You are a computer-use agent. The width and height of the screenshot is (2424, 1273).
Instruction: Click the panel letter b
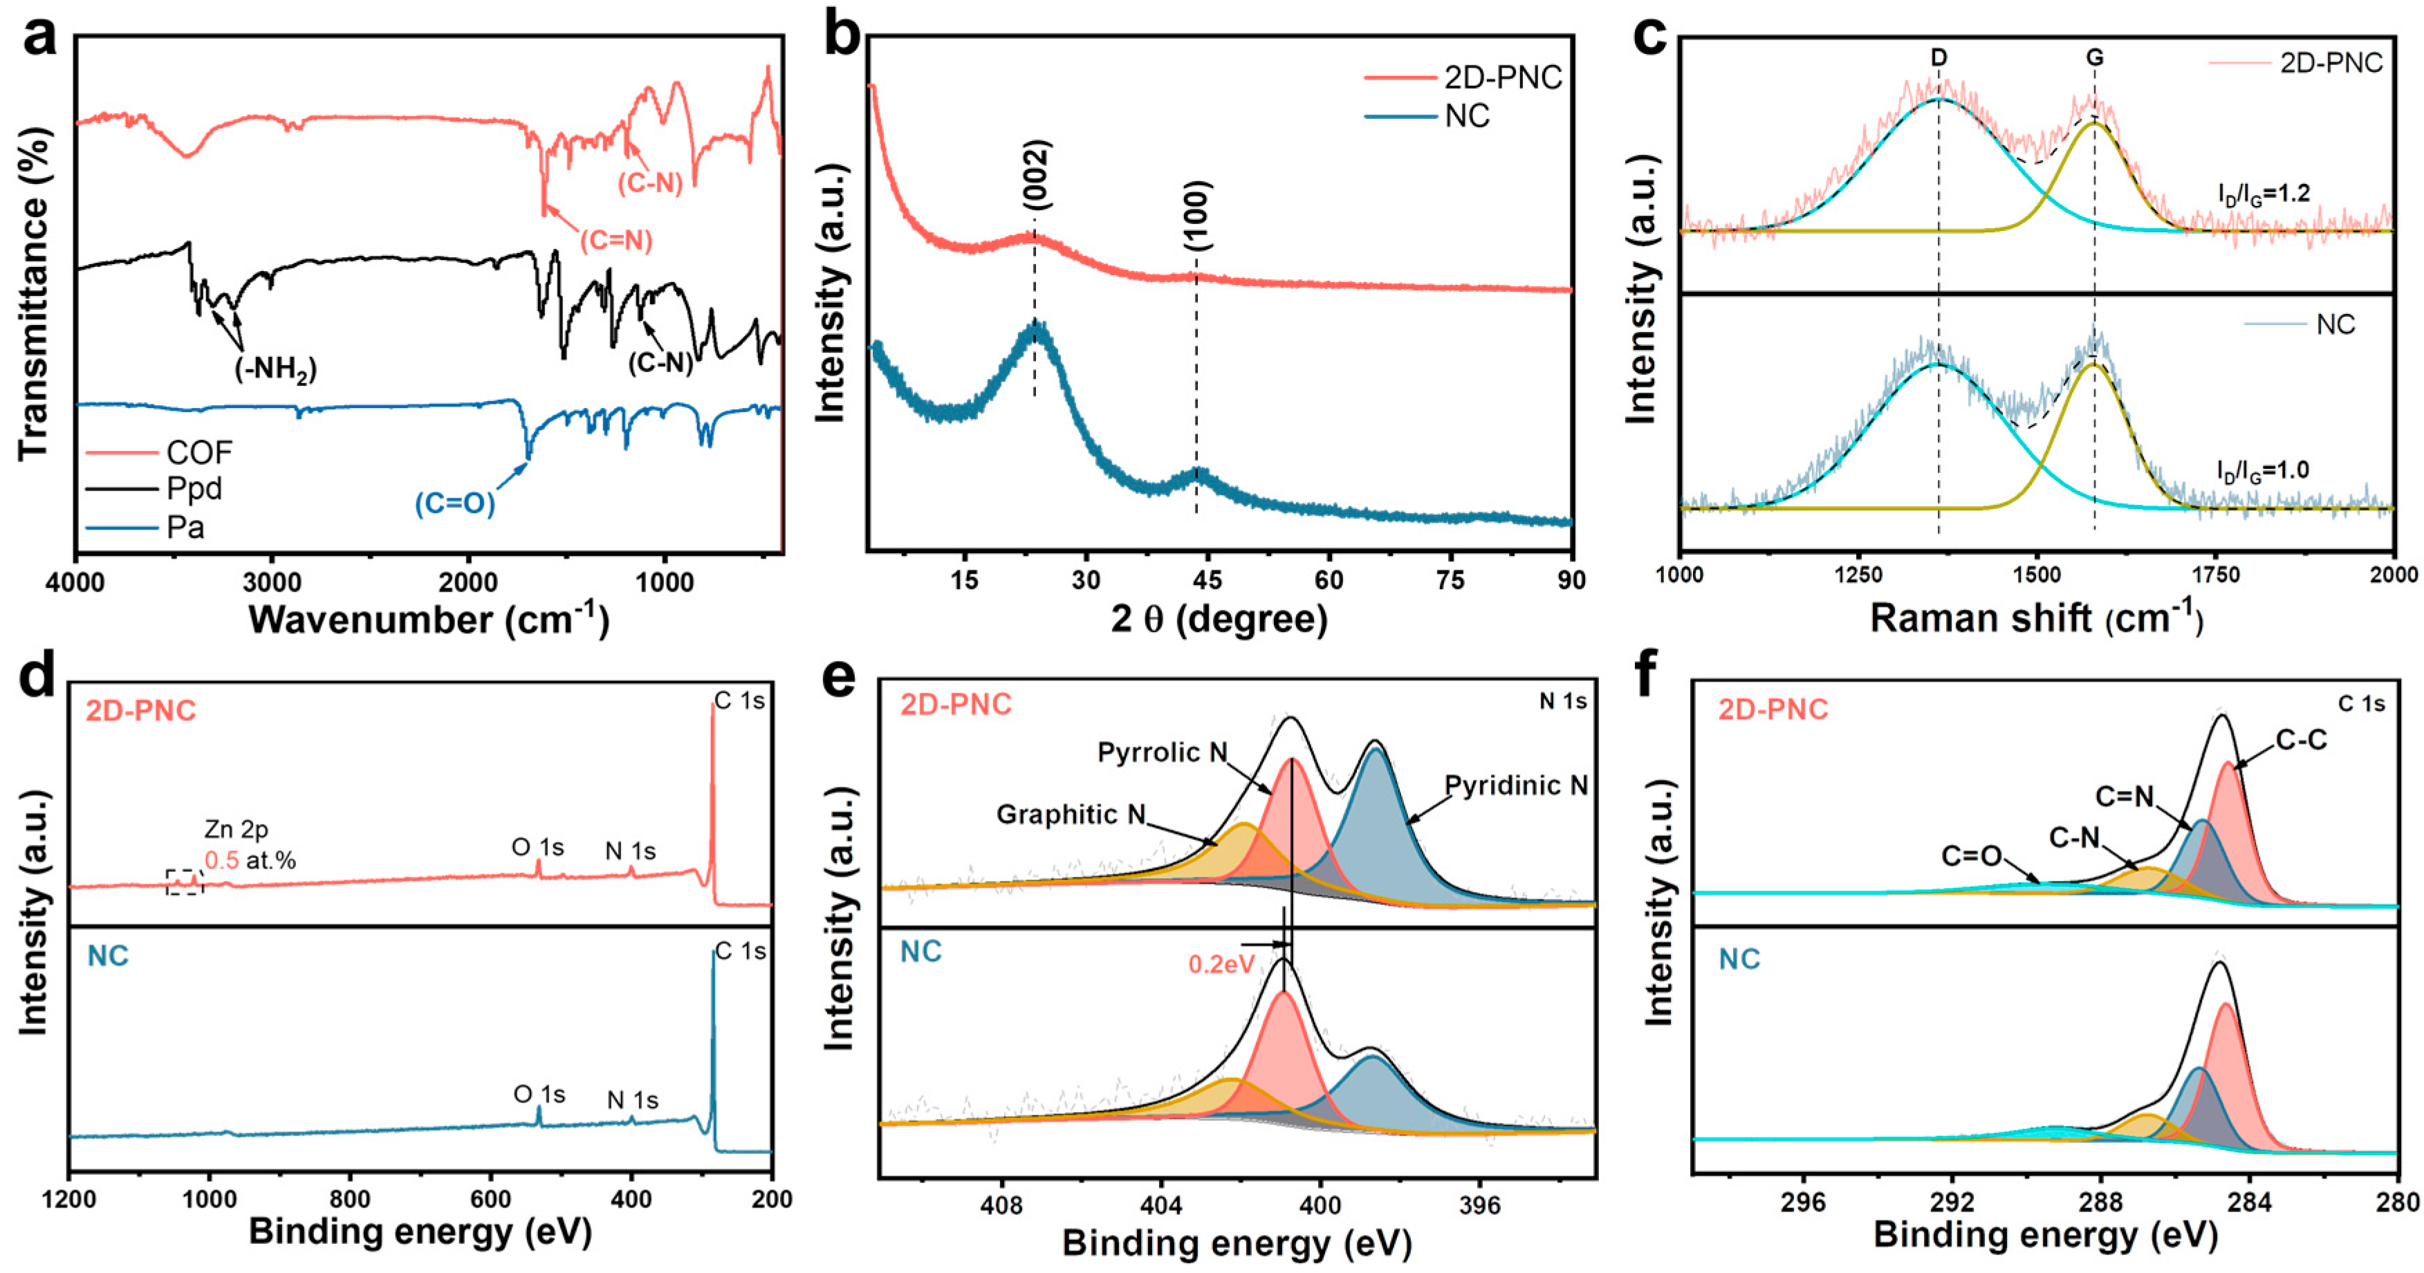click(x=842, y=37)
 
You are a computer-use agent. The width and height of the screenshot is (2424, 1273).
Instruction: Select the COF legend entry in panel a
click(x=198, y=452)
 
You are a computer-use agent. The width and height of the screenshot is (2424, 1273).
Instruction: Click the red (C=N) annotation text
click(x=616, y=241)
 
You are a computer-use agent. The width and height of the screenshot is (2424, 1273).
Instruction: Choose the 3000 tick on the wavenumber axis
click(x=273, y=584)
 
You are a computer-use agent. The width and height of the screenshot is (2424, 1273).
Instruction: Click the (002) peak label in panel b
click(x=1036, y=176)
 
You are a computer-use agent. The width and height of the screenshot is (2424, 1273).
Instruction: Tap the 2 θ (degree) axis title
click(x=1219, y=619)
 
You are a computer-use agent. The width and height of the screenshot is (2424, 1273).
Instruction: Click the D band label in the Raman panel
click(x=1939, y=58)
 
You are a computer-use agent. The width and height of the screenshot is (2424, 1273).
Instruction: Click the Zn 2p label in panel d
click(x=237, y=830)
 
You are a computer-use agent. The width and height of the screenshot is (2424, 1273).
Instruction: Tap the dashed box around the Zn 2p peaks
click(x=185, y=882)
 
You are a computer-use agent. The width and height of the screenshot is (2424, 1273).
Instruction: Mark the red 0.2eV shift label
click(x=1221, y=965)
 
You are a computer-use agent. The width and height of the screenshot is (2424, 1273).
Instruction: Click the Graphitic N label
click(x=1071, y=814)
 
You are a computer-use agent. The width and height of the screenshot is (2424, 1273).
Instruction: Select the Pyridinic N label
click(x=1516, y=786)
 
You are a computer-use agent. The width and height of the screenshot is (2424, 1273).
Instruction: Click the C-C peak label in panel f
click(x=2301, y=741)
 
